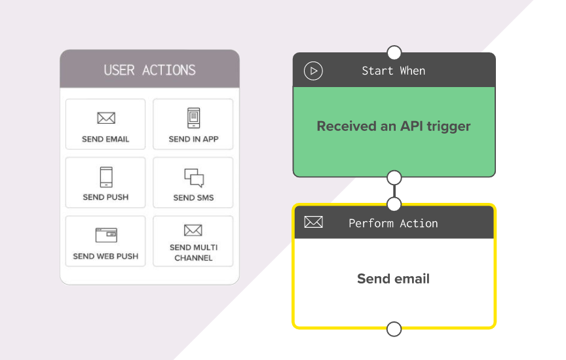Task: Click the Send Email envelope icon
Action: coord(106,118)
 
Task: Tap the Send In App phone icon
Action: coord(193,118)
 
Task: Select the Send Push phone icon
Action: coord(106,177)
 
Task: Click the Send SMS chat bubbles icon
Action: coord(194,178)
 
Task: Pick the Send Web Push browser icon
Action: coord(106,235)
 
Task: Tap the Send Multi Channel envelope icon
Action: coord(193,230)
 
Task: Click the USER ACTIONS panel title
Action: coord(150,70)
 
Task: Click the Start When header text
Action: coord(394,71)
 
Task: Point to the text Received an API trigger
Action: coord(394,126)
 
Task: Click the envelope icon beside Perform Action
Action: coord(313,222)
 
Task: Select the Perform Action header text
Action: coord(393,223)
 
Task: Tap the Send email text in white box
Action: coord(394,278)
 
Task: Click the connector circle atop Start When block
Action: coord(394,52)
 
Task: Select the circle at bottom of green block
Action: coord(394,178)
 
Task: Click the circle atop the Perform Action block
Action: coord(394,204)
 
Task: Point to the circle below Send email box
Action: coord(394,329)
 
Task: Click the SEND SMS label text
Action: coord(193,198)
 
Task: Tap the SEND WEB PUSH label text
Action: coord(105,256)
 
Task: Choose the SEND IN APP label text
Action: coord(193,139)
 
